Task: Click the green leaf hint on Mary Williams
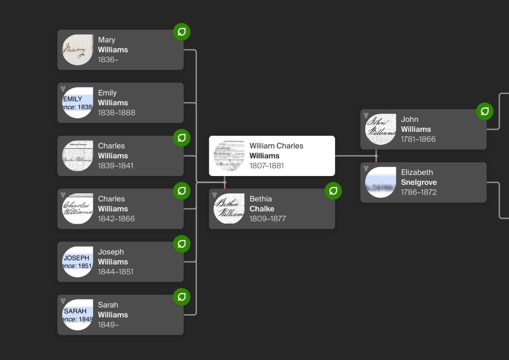[x=181, y=32]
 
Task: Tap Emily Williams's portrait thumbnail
[x=78, y=103]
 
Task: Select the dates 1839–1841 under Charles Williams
[x=115, y=166]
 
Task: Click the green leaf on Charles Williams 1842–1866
[x=181, y=191]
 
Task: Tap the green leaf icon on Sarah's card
[x=181, y=297]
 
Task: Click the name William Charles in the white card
[x=276, y=146]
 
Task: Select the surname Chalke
[x=261, y=209]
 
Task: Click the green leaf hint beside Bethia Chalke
[x=333, y=191]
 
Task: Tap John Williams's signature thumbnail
[x=380, y=129]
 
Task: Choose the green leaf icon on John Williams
[x=485, y=111]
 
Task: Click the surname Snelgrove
[x=419, y=182]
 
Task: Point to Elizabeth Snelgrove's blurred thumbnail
[x=380, y=182]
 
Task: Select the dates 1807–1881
[x=266, y=166]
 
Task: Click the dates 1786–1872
[x=419, y=192]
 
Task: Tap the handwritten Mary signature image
[x=78, y=50]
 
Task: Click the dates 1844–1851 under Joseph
[x=115, y=272]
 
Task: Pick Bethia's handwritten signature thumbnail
[x=229, y=209]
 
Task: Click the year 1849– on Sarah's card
[x=108, y=325]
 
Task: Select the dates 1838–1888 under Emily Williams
[x=116, y=113]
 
